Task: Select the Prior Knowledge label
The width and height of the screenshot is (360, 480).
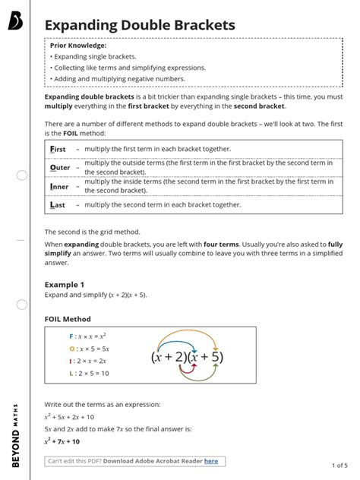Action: tap(78, 46)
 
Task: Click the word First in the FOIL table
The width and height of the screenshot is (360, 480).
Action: tap(58, 149)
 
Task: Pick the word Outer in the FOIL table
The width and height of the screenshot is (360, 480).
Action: tap(59, 167)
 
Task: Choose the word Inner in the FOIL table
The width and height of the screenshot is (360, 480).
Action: tap(59, 186)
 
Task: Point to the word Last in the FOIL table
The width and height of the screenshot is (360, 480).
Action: tap(58, 204)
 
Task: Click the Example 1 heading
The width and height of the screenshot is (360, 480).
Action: tap(65, 284)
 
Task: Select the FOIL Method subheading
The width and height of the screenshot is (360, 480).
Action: tap(68, 319)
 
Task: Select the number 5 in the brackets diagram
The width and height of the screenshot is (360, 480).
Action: tap(217, 356)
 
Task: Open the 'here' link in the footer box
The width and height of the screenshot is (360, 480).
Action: tap(210, 461)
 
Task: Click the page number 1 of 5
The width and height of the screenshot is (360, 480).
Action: tap(339, 465)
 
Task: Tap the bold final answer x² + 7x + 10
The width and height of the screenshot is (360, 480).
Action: tap(62, 441)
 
